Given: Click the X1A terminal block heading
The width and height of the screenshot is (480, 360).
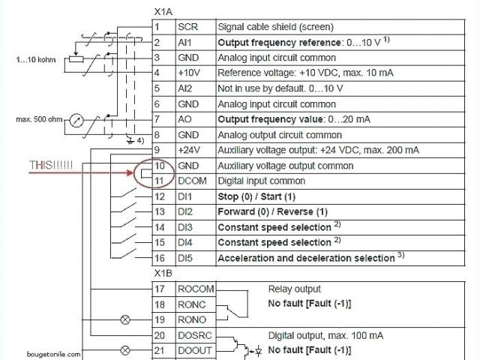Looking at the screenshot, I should click(163, 13).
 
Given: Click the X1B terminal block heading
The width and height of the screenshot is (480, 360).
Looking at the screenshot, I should click(163, 273).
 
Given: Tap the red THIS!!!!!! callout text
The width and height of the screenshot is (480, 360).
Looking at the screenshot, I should click(52, 165).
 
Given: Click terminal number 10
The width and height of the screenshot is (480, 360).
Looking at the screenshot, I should click(159, 165).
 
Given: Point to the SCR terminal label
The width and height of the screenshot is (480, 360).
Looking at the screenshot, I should click(187, 26).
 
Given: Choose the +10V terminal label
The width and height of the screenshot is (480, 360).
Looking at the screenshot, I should click(188, 73).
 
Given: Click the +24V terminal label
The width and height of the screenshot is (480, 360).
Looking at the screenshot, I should click(189, 150).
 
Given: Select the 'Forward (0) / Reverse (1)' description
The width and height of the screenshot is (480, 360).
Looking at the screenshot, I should click(272, 211).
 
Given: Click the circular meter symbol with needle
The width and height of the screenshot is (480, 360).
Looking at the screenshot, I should click(76, 120).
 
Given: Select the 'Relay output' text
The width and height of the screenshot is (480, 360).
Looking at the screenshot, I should click(294, 289).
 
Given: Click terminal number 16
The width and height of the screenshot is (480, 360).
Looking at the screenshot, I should click(159, 258).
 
